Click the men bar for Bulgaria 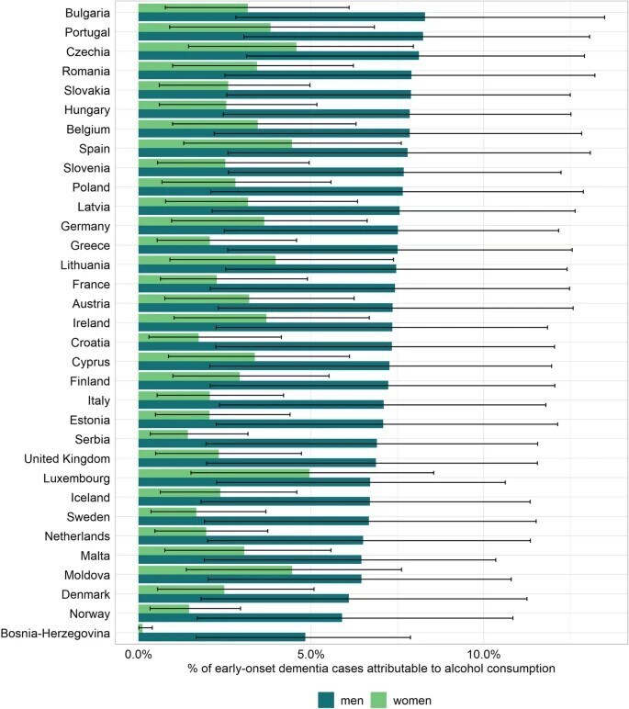[281, 17]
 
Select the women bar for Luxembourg [223, 474]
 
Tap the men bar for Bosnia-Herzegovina [220, 636]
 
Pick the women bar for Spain [215, 142]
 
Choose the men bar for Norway [240, 617]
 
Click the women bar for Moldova [215, 569]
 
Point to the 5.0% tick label [312, 653]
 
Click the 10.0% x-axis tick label [486, 653]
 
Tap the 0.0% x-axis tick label [139, 653]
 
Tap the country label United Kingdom [67, 459]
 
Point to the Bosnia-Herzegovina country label [56, 634]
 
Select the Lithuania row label [85, 265]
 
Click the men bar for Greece [267, 249]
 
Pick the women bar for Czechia [217, 46]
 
